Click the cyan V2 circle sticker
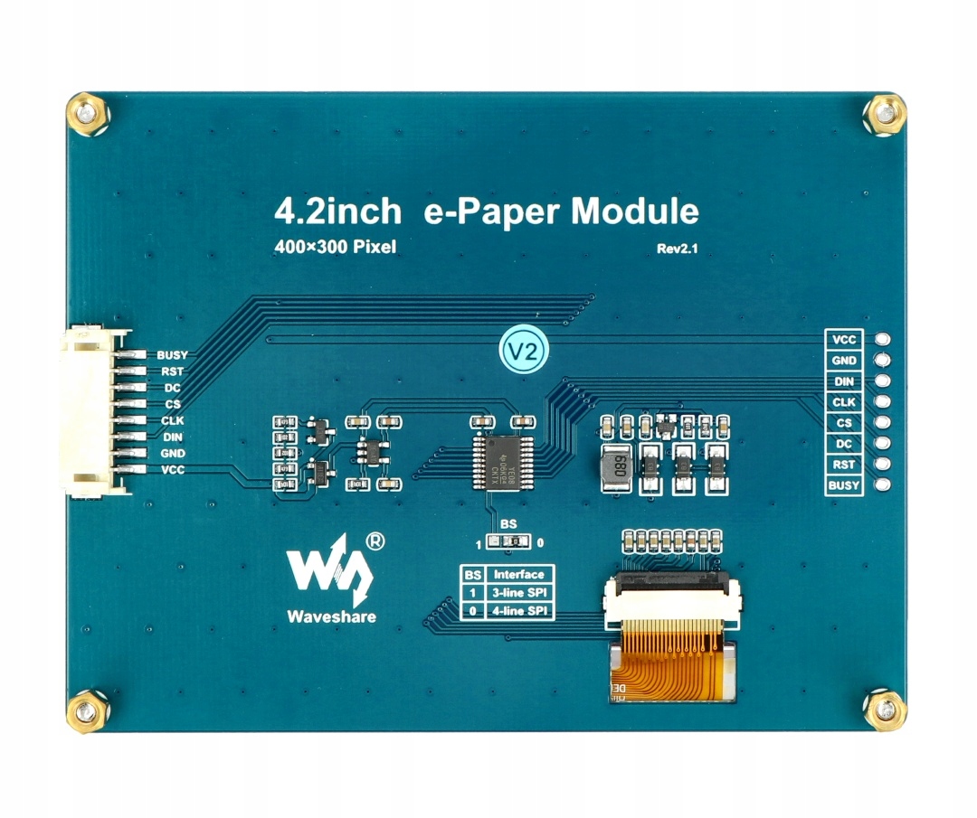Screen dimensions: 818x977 click(x=526, y=350)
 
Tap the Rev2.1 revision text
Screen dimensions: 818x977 click(x=678, y=249)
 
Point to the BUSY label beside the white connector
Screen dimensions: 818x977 click(x=172, y=356)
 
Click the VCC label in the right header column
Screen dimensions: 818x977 click(x=843, y=340)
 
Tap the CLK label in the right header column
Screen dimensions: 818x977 click(x=843, y=402)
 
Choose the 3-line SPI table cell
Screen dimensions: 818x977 click(x=518, y=593)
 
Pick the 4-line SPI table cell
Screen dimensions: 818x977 click(x=518, y=612)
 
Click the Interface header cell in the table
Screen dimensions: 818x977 click(x=518, y=574)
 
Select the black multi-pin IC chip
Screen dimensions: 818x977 click(x=500, y=460)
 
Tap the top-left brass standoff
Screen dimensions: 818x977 click(x=88, y=115)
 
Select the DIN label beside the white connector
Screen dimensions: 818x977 click(x=172, y=437)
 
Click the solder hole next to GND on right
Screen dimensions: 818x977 click(x=881, y=361)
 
